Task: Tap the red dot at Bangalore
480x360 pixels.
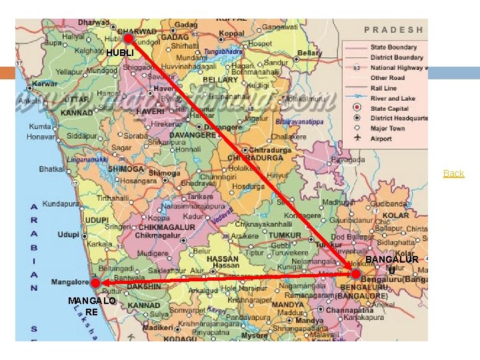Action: coord(355,274)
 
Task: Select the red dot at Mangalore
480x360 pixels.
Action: coord(96,283)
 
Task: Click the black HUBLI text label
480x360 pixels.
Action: coord(120,53)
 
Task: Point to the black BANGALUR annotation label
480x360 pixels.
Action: coord(392,259)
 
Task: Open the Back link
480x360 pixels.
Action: coord(453,173)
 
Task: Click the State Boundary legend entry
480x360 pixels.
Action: coord(394,47)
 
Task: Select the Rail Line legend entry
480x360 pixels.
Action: coord(384,88)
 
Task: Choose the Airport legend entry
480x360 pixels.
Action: coord(381,139)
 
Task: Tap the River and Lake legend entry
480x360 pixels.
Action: coord(393,98)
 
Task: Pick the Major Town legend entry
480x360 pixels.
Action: coord(388,129)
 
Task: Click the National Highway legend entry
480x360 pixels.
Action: coord(397,67)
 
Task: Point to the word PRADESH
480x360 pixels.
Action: coord(393,29)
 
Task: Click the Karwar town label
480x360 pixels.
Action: coord(45,85)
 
